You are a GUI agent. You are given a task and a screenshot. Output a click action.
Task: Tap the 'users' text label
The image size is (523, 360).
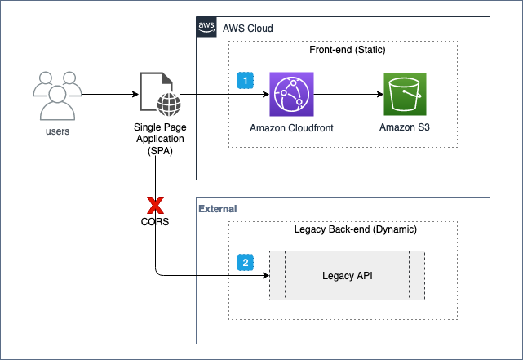[x=56, y=131]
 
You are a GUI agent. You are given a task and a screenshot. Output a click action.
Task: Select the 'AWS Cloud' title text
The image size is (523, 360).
[x=246, y=29]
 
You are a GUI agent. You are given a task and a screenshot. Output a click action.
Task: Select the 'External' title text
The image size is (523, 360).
[x=217, y=209]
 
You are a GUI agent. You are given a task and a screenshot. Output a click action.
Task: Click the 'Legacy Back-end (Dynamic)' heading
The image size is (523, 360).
[x=355, y=229]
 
